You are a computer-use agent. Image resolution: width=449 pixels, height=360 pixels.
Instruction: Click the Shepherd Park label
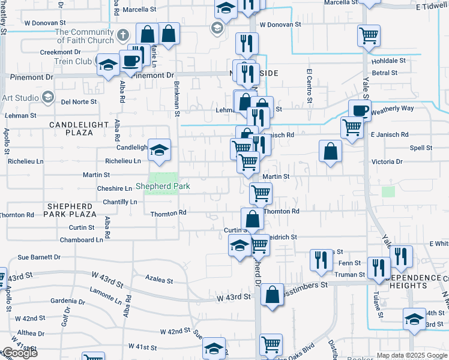[163, 187]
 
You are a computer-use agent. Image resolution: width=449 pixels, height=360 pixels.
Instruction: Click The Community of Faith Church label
[84, 36]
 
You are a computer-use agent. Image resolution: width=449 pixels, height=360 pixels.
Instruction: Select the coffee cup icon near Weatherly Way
[360, 110]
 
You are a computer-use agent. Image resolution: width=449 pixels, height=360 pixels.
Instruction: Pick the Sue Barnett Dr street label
[39, 257]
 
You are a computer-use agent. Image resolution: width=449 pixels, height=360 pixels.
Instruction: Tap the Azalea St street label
[160, 280]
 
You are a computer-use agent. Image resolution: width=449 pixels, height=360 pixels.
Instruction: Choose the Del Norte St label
[79, 102]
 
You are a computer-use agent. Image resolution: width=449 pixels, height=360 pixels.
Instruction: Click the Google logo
[19, 353]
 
